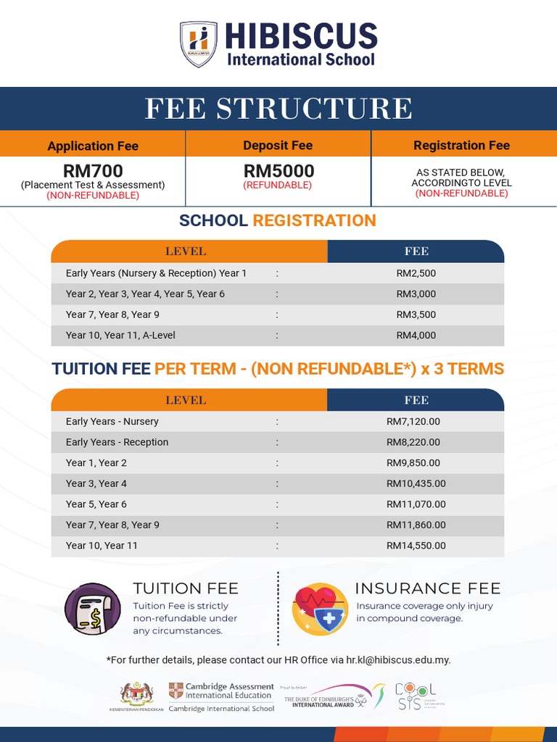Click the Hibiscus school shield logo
click(198, 44)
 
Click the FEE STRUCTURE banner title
click(278, 109)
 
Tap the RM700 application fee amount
click(93, 171)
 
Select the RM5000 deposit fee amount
click(278, 171)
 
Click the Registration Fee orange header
click(461, 145)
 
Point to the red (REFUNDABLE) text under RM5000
click(278, 185)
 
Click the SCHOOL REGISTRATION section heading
click(278, 220)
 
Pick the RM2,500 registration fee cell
click(416, 273)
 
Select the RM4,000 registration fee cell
click(416, 335)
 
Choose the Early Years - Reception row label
click(117, 442)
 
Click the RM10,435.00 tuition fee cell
click(416, 483)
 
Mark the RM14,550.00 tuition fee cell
click(416, 546)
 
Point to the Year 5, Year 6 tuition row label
click(96, 504)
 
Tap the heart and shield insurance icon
click(319, 609)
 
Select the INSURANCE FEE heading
click(427, 588)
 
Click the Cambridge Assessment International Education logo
click(221, 696)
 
